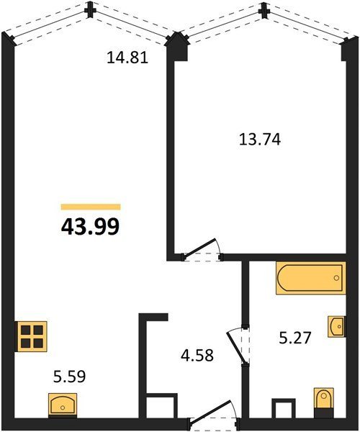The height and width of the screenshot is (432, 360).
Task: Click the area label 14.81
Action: (127, 58)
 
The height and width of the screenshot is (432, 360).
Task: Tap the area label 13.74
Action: (260, 139)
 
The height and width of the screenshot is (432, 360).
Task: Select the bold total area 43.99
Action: (90, 227)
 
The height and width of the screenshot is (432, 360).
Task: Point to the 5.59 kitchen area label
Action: (69, 377)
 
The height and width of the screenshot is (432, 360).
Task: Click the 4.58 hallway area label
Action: (197, 355)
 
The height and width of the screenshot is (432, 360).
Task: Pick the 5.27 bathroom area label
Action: (295, 338)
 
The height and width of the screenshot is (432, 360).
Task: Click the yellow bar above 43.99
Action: (91, 207)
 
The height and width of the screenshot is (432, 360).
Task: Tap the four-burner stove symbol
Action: (32, 336)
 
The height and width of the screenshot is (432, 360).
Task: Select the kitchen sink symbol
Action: (63, 403)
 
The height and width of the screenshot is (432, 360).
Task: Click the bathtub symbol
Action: (311, 278)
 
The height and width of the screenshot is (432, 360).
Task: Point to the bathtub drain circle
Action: (336, 278)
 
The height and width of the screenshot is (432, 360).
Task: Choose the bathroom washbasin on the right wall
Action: (336, 326)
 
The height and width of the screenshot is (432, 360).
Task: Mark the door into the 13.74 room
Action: (202, 249)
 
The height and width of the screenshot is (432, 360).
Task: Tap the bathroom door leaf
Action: (235, 346)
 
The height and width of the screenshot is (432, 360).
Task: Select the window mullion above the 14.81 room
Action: (90, 11)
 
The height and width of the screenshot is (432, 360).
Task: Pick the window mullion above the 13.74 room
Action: (264, 11)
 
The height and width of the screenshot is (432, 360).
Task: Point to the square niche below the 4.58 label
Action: (162, 407)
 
